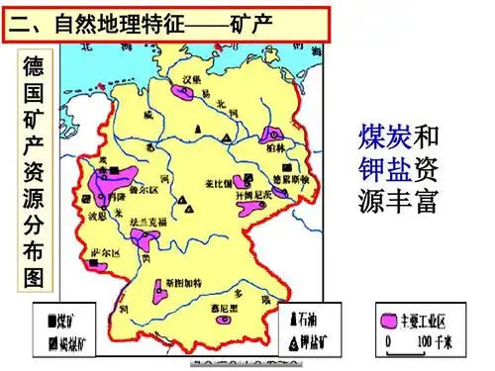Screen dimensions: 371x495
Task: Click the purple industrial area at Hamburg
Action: tap(182, 91)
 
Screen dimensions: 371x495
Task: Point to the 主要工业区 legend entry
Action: tap(427, 321)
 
